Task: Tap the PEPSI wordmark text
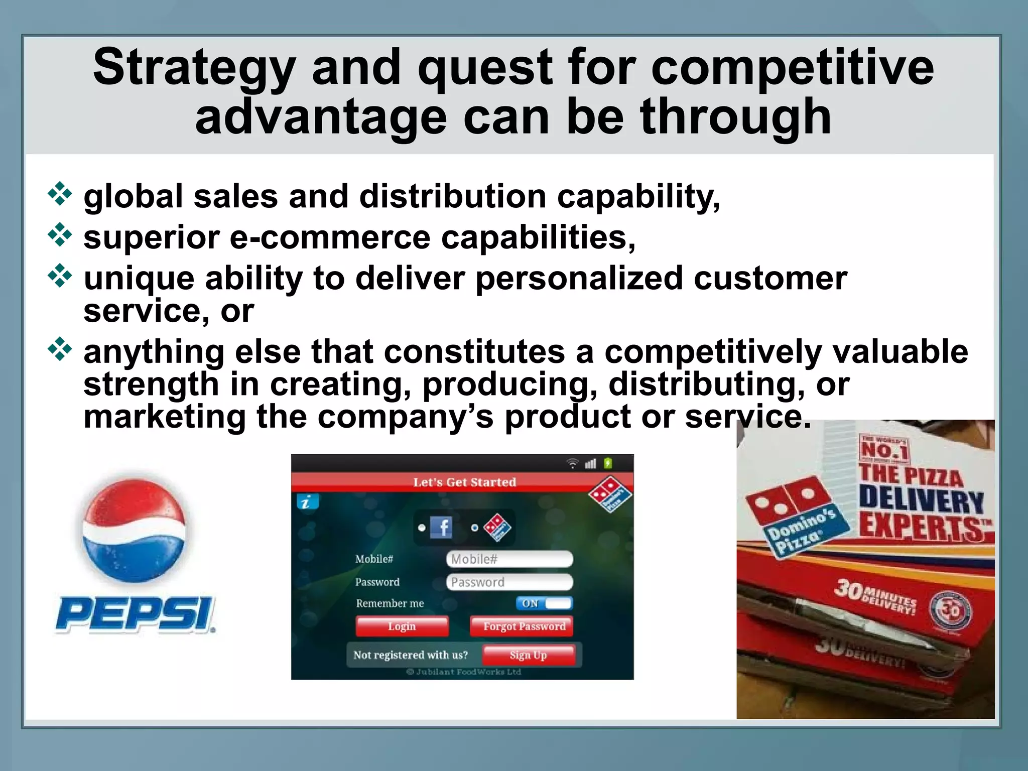point(136,613)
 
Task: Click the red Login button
point(402,626)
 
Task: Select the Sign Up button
point(528,655)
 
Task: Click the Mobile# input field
point(509,559)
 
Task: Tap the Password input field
point(509,582)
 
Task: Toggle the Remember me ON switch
point(544,603)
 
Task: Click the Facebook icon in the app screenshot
point(441,528)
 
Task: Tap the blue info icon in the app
point(307,501)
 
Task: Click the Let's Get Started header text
point(464,482)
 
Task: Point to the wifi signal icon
point(572,463)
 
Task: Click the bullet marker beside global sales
point(60,194)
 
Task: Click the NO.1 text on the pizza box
point(884,449)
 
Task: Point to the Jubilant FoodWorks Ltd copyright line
point(464,672)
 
